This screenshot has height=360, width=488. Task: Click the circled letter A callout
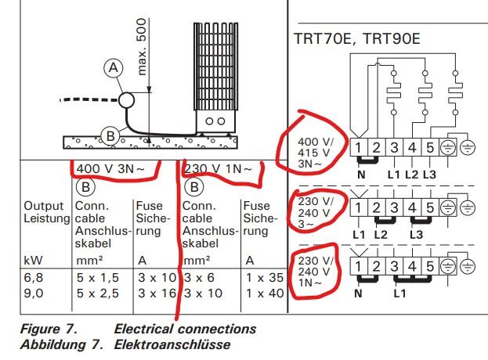114,68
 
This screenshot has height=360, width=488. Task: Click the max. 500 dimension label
141,47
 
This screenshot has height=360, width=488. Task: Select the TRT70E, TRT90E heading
357,38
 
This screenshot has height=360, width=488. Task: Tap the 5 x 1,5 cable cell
98,278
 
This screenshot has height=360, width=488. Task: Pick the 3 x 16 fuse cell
157,293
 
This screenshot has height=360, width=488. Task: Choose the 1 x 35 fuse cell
265,278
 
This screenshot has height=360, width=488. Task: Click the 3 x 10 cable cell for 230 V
203,293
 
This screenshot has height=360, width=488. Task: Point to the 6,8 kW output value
33,278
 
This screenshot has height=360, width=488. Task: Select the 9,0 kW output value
34,293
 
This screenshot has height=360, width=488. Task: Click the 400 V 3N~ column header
110,169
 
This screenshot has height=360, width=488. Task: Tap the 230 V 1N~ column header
219,169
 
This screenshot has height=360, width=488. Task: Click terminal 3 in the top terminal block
394,147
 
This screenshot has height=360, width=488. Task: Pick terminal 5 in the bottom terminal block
430,266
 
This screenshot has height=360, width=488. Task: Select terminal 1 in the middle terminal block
359,207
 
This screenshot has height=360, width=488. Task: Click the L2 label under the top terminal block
411,175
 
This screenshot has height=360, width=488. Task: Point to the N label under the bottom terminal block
358,293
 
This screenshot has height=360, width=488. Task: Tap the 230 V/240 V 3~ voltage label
315,213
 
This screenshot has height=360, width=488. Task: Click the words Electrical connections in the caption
185,329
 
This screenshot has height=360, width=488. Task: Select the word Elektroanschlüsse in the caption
172,344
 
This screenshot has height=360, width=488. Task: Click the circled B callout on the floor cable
110,136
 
